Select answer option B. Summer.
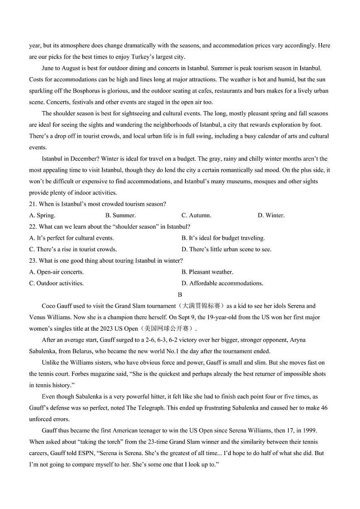[120, 215]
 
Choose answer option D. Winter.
[271, 215]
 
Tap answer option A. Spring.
[42, 215]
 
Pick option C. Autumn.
[196, 215]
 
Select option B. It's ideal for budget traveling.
[223, 238]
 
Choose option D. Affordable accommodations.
[222, 284]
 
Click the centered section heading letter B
[180, 295]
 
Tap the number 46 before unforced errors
[324, 408]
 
